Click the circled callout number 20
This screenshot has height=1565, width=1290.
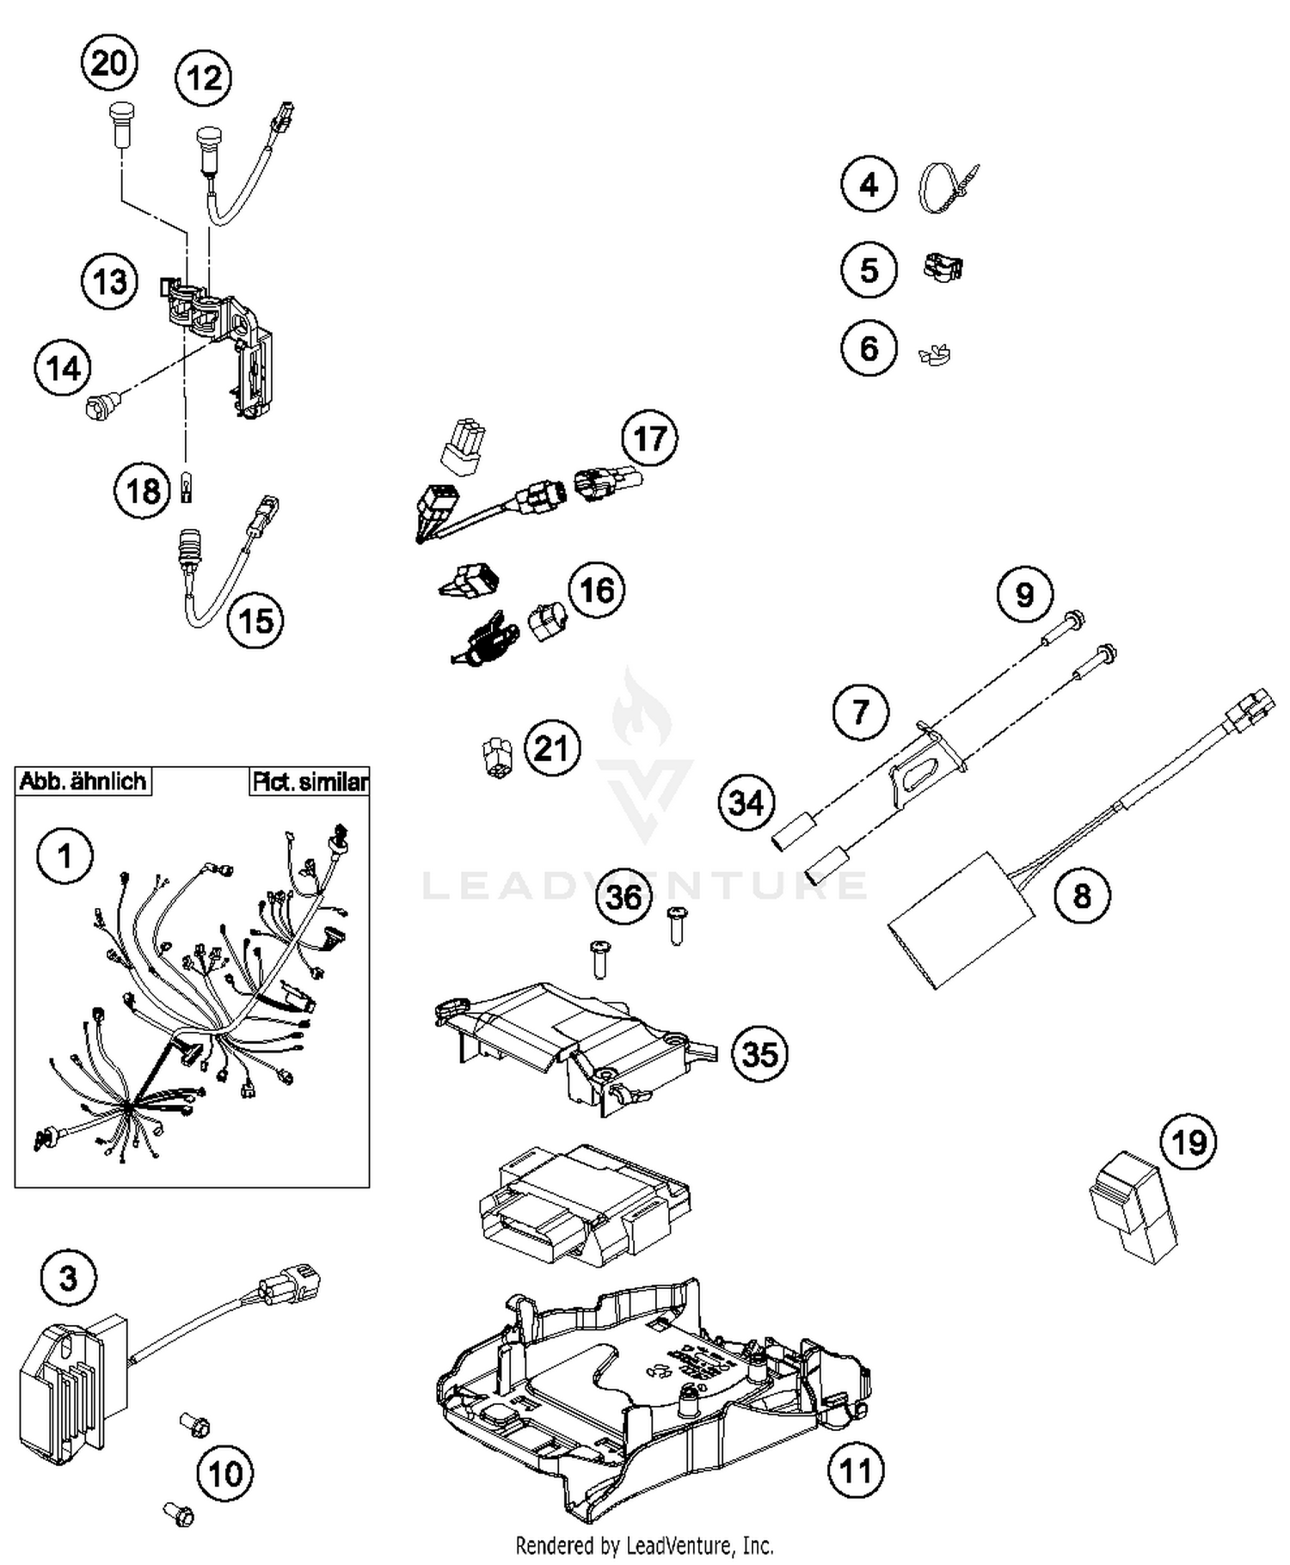pyautogui.click(x=109, y=63)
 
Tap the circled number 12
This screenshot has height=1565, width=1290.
pyautogui.click(x=204, y=78)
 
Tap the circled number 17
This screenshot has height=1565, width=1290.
pyautogui.click(x=649, y=439)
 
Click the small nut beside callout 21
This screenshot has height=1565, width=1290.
pyautogui.click(x=496, y=757)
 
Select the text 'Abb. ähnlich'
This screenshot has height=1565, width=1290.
pyautogui.click(x=83, y=782)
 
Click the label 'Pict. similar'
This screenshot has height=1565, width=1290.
pyautogui.click(x=310, y=782)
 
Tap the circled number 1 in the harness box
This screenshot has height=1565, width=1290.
pyautogui.click(x=64, y=856)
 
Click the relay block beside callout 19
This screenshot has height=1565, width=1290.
pyautogui.click(x=1131, y=1207)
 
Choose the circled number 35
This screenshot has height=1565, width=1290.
pyautogui.click(x=759, y=1053)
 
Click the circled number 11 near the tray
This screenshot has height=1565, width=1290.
pyautogui.click(x=855, y=1471)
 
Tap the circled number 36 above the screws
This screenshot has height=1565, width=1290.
pyautogui.click(x=623, y=897)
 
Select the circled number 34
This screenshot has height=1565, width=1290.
pyautogui.click(x=746, y=802)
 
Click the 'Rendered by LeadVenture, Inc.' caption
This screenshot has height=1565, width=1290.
pyautogui.click(x=644, y=1545)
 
